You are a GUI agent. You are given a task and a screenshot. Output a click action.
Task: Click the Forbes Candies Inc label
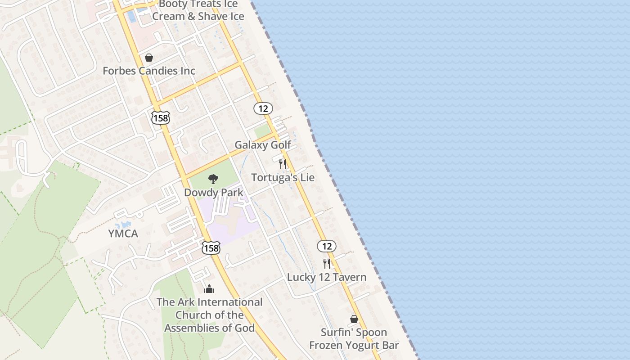click(x=149, y=71)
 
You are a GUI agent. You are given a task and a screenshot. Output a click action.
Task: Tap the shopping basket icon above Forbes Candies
click(x=149, y=58)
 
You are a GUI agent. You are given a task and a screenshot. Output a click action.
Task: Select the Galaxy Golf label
click(x=263, y=145)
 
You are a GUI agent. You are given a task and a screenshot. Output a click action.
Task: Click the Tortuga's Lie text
click(x=283, y=177)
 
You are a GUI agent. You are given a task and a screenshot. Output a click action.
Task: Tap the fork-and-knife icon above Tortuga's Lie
click(x=283, y=164)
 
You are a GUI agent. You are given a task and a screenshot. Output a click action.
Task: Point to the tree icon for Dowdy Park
click(x=213, y=179)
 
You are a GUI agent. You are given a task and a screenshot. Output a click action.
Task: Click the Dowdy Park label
click(x=213, y=193)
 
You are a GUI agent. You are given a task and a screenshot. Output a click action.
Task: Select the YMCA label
click(x=123, y=234)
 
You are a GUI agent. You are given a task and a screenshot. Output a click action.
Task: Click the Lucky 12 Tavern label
click(x=327, y=277)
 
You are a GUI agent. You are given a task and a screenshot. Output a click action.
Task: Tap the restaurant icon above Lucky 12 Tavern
click(x=327, y=264)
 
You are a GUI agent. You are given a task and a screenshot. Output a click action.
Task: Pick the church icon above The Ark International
click(x=209, y=289)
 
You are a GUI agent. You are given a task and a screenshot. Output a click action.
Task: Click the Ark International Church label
click(x=209, y=315)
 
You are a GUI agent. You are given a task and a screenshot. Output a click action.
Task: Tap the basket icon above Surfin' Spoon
click(x=354, y=319)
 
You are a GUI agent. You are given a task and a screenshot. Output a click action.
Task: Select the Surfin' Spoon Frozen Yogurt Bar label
click(x=354, y=339)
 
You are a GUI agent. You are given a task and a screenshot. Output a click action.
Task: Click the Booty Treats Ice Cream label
click(x=198, y=10)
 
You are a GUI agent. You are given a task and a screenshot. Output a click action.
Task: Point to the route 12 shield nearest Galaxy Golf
click(x=263, y=108)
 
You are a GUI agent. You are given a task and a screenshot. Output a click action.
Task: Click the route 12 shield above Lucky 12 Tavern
click(x=327, y=246)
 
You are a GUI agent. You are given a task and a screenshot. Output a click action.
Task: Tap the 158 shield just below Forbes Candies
click(x=161, y=118)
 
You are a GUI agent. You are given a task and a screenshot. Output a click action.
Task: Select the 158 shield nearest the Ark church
click(x=211, y=247)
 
